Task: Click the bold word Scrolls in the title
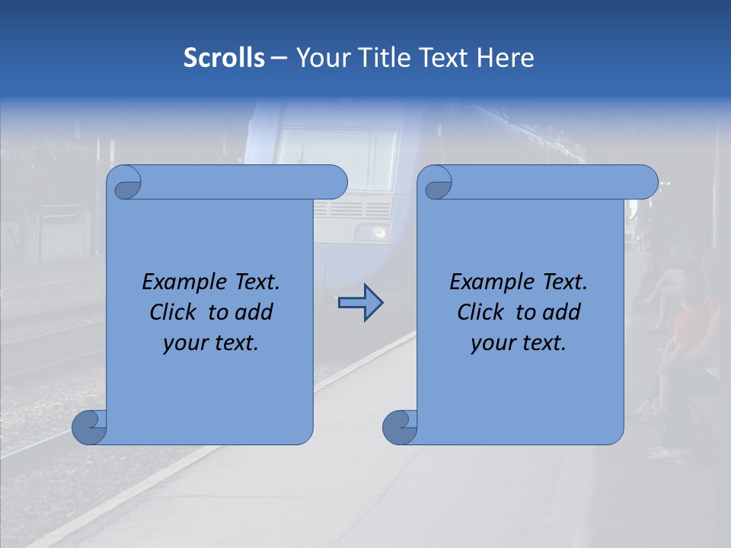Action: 224,58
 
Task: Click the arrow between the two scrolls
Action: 360,303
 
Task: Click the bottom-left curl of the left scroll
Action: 88,427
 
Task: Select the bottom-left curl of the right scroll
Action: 399,427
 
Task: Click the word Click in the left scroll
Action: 174,312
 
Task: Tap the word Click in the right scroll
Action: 482,312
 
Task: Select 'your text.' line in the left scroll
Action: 211,343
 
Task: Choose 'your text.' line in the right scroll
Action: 519,343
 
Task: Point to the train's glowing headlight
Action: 378,232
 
